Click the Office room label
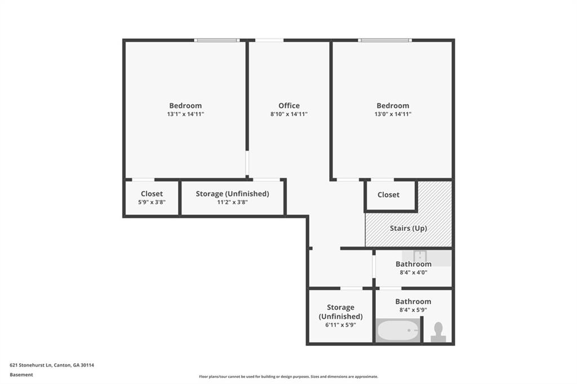(288, 105)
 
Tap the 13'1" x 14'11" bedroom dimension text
(185, 114)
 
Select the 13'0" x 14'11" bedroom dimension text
(393, 114)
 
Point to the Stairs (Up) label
(408, 229)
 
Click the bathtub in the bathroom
(398, 330)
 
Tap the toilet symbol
(438, 332)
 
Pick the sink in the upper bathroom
(420, 256)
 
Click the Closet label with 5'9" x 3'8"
(152, 194)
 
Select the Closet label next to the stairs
(388, 195)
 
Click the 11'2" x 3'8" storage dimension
(232, 202)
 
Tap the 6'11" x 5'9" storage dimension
(340, 325)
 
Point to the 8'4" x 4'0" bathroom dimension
(413, 273)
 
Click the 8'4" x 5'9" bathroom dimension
(413, 310)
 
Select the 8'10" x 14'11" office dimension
(288, 114)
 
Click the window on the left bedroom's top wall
(217, 40)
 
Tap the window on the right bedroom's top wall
(385, 40)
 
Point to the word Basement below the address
(21, 374)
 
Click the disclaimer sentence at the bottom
(288, 377)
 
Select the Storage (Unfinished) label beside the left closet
(232, 194)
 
